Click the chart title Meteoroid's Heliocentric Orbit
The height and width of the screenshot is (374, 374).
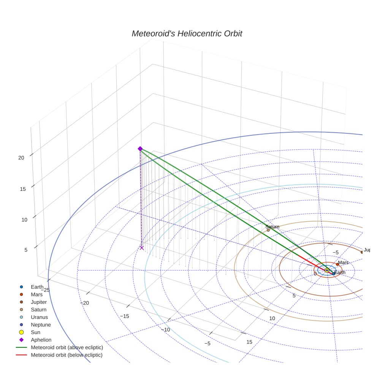click(x=187, y=34)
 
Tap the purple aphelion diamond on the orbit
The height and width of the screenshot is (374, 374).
click(x=140, y=149)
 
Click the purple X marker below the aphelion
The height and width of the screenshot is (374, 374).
click(x=142, y=248)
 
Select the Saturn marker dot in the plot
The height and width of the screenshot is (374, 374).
click(x=268, y=230)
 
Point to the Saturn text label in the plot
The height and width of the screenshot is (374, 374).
click(x=272, y=227)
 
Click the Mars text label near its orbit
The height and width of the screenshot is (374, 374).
click(x=343, y=263)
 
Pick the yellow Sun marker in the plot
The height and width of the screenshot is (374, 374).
click(x=327, y=270)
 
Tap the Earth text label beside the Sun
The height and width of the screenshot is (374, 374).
click(x=340, y=273)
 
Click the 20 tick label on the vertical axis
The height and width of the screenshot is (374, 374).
click(x=21, y=157)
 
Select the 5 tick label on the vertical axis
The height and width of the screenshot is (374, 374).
click(x=26, y=250)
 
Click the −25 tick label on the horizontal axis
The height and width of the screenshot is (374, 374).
click(x=45, y=290)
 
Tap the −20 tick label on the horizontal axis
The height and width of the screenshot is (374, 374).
click(x=84, y=303)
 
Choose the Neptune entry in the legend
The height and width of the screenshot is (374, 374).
click(x=41, y=325)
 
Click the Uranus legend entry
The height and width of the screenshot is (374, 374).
click(x=39, y=317)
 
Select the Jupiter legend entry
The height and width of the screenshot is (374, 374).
click(x=39, y=302)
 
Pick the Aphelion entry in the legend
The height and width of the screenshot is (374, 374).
click(x=41, y=340)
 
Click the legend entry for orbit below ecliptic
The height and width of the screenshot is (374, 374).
click(x=67, y=355)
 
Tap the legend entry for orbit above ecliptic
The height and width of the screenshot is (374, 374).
click(x=67, y=347)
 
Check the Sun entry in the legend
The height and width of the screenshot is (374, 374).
click(x=36, y=332)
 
